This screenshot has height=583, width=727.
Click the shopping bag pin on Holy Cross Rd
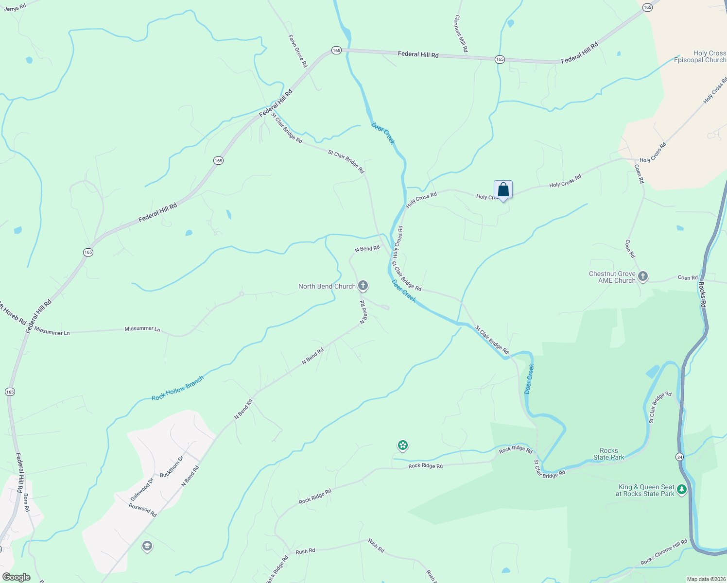coord(503,190)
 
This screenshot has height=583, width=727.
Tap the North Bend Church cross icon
coord(363,286)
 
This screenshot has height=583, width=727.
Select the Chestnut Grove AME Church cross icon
coord(643,277)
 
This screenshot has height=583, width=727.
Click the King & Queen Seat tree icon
coord(682,490)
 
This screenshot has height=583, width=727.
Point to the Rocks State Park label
coord(608,454)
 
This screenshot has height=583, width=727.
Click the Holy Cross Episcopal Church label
coord(700,56)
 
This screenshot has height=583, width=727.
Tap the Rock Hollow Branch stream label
coord(177,388)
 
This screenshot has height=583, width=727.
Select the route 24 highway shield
coord(679,457)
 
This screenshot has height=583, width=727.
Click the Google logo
coord(16,577)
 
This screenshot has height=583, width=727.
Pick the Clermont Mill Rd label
coord(461,34)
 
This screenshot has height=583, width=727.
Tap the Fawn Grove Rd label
coord(298,51)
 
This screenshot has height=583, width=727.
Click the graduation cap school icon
coord(147,547)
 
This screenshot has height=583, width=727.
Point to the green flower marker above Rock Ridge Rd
coord(402,445)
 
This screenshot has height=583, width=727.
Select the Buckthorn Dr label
coord(172,466)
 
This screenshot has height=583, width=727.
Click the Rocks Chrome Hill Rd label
coord(664,552)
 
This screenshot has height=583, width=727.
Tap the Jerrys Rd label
coord(15,7)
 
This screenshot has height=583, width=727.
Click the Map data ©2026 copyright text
coord(705,579)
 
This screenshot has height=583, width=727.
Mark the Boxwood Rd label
coord(142,510)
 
